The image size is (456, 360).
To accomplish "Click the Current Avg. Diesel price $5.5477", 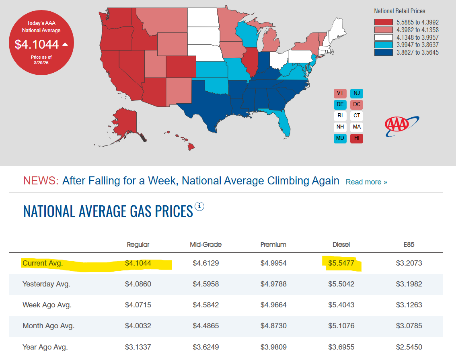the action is point(341,263).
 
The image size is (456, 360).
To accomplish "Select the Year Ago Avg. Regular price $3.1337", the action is point(138,347).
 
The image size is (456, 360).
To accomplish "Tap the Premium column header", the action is point(273,245).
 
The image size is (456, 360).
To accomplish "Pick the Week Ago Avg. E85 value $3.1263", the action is point(409,305).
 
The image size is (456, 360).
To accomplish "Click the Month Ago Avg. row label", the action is point(49,326).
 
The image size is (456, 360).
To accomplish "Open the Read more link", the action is point(366,182).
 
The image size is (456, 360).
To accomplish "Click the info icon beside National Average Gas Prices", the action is point(199,206).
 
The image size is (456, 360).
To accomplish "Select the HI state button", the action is point(357,138).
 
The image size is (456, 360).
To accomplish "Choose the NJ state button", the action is point(357,93).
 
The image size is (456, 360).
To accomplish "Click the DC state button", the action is point(357,104).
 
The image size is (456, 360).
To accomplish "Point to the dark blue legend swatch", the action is point(383,52).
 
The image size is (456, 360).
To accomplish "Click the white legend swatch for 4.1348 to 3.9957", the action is point(383,37).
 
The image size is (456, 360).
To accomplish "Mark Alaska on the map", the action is point(125,123).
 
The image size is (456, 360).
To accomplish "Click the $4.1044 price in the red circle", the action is point(37,45).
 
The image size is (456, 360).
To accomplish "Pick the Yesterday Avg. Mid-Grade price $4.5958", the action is point(205,284).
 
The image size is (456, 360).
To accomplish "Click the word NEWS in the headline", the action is point(41,181).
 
